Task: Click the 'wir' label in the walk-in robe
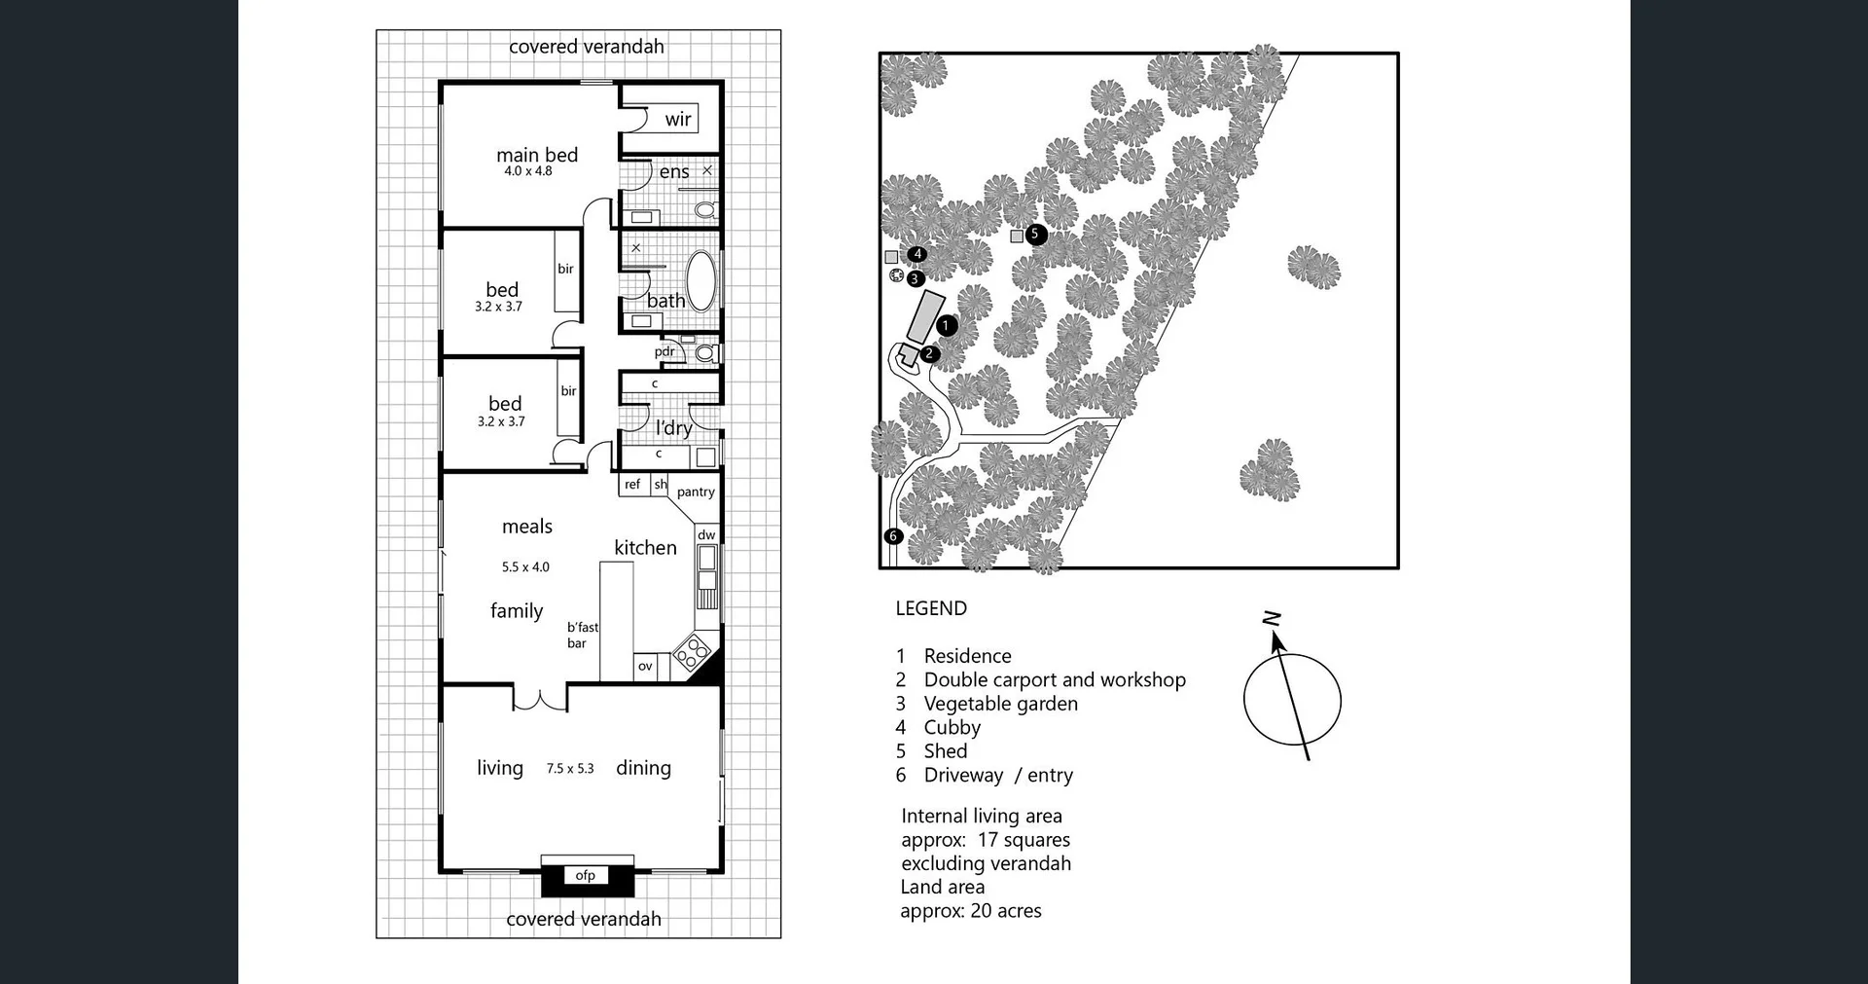(x=678, y=120)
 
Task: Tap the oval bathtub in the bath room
(x=700, y=280)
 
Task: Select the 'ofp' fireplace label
(x=585, y=875)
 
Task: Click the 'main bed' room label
(x=537, y=155)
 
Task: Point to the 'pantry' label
(x=696, y=492)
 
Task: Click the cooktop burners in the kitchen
(x=691, y=651)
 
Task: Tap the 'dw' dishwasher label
(x=706, y=534)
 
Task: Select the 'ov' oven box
(x=645, y=667)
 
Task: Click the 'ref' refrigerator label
(x=632, y=484)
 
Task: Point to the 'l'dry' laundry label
(x=673, y=427)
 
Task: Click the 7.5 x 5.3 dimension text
(x=570, y=768)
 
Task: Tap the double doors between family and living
(x=540, y=698)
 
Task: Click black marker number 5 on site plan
(x=1035, y=234)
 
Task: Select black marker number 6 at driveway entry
(x=893, y=535)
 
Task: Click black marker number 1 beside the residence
(x=947, y=325)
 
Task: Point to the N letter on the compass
(x=1271, y=618)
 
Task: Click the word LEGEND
(x=931, y=608)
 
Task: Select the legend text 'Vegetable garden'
(x=1000, y=704)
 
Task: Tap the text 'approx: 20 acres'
(x=971, y=911)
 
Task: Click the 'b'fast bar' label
(x=582, y=635)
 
